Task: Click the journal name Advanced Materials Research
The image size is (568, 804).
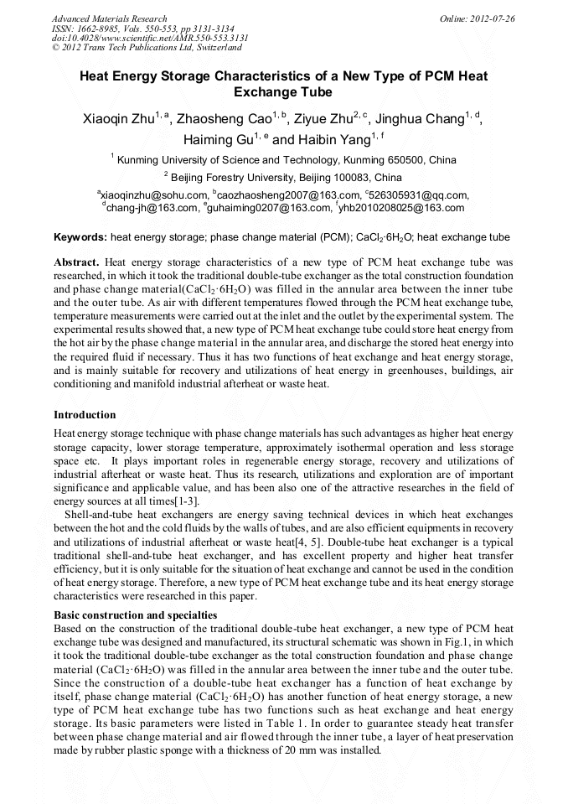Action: (109, 18)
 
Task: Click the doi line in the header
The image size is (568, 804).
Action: (150, 38)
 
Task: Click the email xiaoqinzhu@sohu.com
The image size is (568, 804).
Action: (153, 195)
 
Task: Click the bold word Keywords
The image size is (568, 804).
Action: (79, 238)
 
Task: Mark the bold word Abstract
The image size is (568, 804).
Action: (76, 262)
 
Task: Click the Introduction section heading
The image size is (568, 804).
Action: (85, 414)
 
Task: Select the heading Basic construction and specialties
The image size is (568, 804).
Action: (123, 615)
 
